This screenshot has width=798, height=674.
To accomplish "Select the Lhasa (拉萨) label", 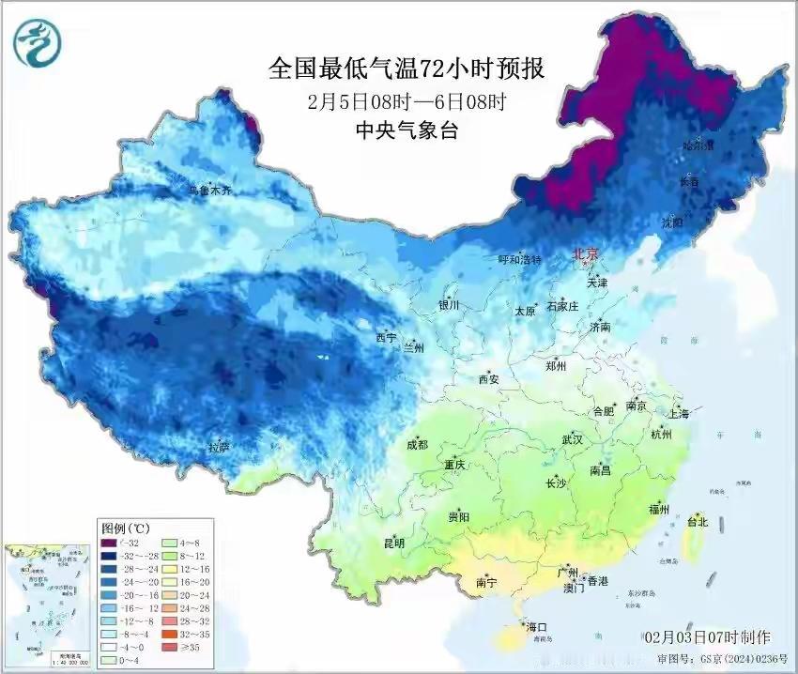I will [x=219, y=447].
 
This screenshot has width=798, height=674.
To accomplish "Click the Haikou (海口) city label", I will [x=537, y=626].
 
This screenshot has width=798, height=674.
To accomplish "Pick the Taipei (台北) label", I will [x=698, y=522].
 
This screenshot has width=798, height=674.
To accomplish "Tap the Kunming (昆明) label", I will [x=393, y=544].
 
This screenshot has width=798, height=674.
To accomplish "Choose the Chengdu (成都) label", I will [x=418, y=445].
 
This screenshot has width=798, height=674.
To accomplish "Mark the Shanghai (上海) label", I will [x=678, y=414].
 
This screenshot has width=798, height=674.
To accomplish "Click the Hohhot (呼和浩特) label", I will [x=519, y=260].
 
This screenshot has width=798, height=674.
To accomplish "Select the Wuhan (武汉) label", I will [x=572, y=439].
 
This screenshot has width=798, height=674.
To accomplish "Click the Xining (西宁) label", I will [x=386, y=337].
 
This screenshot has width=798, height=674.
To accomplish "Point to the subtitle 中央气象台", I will [x=406, y=130].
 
